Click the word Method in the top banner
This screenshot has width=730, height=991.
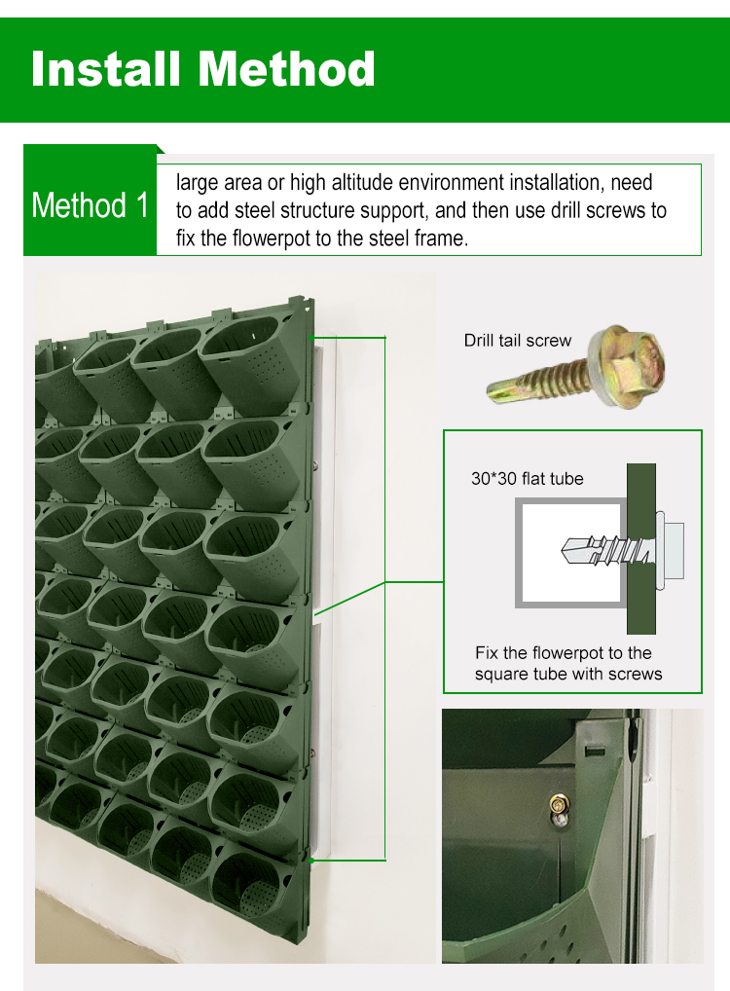pyautogui.click(x=287, y=69)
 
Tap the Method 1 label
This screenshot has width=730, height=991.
pyautogui.click(x=91, y=205)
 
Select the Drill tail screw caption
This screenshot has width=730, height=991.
pyautogui.click(x=517, y=340)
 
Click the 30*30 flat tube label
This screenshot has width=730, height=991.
pyautogui.click(x=527, y=478)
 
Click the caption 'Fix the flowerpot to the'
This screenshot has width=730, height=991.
pyautogui.click(x=563, y=652)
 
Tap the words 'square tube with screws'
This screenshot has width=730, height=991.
pyautogui.click(x=567, y=674)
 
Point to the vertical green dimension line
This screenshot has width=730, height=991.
pyautogui.click(x=386, y=584)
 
